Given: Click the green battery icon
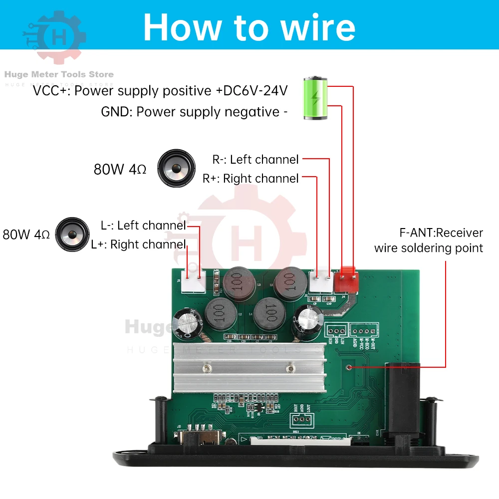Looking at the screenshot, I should coord(315,98).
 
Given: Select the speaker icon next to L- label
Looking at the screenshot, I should coord(73,235).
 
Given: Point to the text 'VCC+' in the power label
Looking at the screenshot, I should coord(51,91).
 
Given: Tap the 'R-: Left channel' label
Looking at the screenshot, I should coord(255,160).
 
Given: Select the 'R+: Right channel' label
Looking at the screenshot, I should coord(250,179).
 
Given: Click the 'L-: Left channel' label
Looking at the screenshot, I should coord(143,226).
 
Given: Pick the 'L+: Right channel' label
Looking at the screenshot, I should coord(138,245).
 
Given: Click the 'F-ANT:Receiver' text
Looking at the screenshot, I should coord(441,233).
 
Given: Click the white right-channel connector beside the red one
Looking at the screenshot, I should coord(321,281).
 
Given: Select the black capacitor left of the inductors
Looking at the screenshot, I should coord(187,324).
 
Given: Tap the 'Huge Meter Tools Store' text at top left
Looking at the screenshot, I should coord(59,74).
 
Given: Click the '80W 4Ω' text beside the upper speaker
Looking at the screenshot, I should coord(120,170).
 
